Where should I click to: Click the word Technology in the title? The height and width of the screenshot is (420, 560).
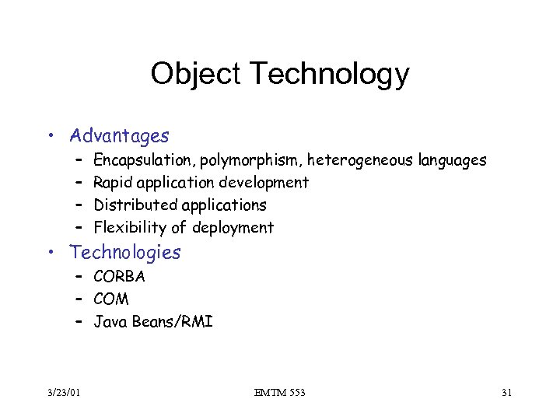click(326, 75)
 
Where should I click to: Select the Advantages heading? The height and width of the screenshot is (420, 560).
click(119, 136)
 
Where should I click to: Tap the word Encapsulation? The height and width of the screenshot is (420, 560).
click(144, 161)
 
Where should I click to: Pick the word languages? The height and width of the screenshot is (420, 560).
click(452, 161)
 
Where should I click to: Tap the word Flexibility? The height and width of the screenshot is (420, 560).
click(129, 227)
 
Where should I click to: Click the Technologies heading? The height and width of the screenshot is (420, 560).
click(125, 252)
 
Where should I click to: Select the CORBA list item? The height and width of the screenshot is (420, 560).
click(119, 276)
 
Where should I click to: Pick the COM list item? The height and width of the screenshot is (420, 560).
click(111, 299)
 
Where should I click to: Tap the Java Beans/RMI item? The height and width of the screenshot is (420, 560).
click(153, 321)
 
